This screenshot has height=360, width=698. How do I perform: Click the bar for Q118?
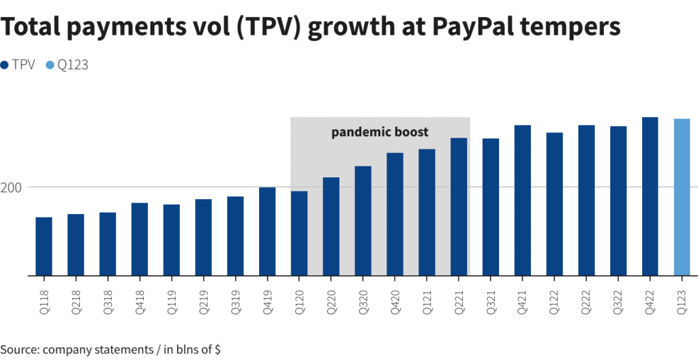44,246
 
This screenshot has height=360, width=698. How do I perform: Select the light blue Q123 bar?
682,197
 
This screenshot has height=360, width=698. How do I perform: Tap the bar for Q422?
650,196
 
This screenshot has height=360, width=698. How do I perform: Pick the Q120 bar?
299,233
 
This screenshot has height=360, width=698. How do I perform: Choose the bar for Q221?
459,207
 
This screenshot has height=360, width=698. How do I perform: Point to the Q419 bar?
267,231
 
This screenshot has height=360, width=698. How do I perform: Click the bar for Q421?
522,200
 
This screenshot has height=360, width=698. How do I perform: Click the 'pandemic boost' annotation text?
380,132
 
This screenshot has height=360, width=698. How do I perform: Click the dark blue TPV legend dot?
5,65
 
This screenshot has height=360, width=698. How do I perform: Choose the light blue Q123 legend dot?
50,65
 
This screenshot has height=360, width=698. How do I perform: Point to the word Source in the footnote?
19,349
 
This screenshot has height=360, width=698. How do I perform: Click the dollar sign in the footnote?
217,349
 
